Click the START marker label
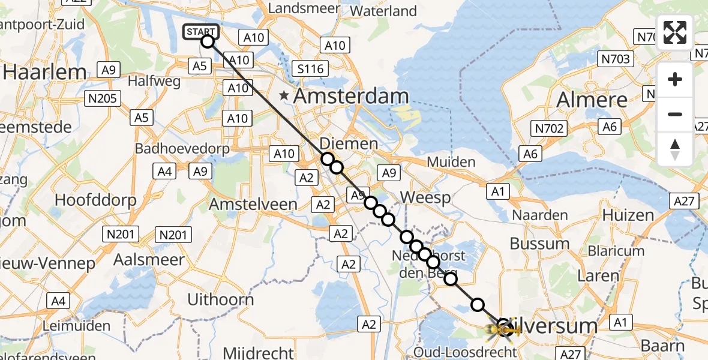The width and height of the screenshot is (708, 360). [200, 31]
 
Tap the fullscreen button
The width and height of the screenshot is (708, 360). [675, 32]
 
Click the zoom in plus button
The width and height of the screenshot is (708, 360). [675, 79]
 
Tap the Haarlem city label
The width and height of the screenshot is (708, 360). [45, 73]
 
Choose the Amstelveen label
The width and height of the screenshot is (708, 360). [253, 204]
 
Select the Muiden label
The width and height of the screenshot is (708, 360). [451, 162]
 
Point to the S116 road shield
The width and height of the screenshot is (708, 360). [310, 68]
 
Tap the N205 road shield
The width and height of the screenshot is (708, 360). [103, 98]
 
